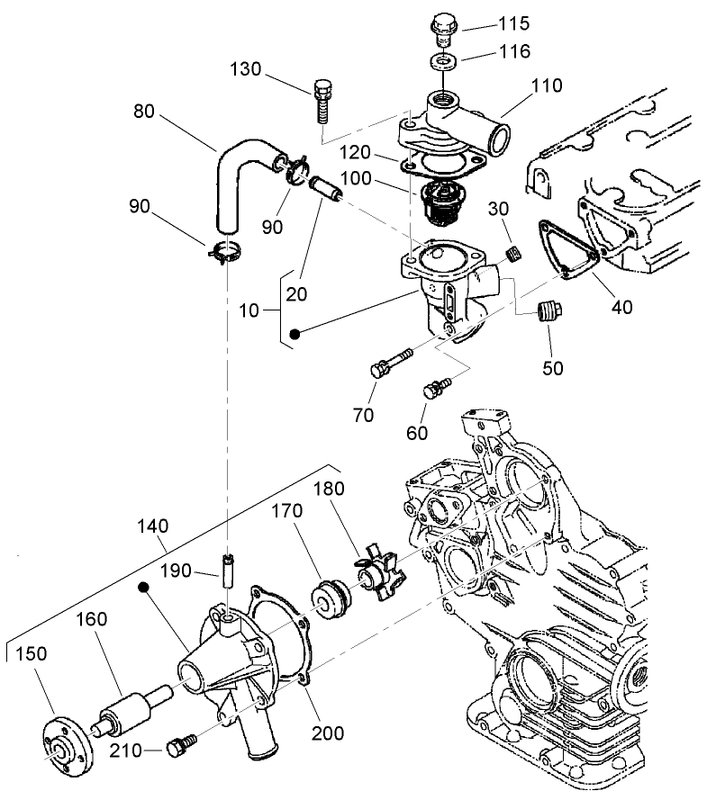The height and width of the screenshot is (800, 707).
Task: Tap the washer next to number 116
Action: [441, 61]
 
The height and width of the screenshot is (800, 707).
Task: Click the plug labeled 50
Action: [545, 314]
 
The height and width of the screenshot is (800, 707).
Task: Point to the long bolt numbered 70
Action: [389, 362]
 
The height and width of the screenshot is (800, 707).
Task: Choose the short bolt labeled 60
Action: [437, 388]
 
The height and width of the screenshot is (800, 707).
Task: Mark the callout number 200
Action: [328, 733]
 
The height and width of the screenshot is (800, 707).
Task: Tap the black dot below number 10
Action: [294, 336]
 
